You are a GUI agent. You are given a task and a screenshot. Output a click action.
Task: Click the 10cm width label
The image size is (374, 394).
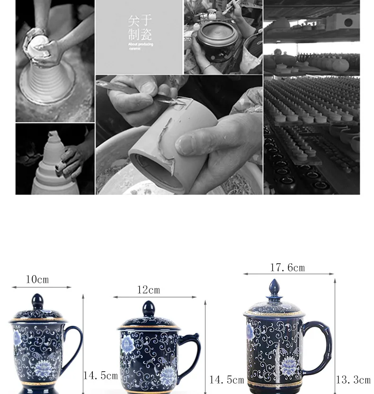pyautogui.click(x=37, y=279)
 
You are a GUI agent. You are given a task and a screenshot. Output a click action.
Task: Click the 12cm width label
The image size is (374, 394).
pyautogui.click(x=149, y=290)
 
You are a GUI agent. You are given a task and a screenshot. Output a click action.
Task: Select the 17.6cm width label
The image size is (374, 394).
pyautogui.click(x=287, y=268)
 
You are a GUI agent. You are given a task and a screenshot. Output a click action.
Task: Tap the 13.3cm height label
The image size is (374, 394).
pyautogui.click(x=353, y=379)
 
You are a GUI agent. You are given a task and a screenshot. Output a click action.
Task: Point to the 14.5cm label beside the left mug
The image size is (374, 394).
pyautogui.click(x=100, y=376)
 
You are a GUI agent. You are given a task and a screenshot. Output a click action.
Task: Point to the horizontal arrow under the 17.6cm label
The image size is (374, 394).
pyautogui.click(x=288, y=274)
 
